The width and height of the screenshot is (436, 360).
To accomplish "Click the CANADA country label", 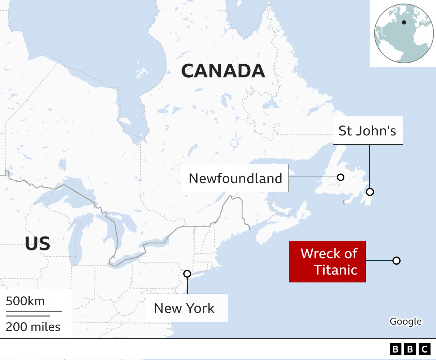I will click(223, 71).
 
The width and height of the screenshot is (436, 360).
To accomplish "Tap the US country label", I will click(37, 244).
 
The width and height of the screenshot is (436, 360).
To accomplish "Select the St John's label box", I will click(368, 131).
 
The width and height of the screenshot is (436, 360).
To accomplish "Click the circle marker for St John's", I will click(370, 192).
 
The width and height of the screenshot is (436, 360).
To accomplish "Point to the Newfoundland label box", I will click(235, 178).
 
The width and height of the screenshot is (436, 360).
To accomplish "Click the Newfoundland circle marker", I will click(340, 177).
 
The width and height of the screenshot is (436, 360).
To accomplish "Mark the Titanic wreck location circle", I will click(396, 261).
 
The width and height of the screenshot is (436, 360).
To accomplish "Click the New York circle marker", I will click(187, 274).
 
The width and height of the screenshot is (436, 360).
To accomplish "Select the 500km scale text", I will click(25, 301).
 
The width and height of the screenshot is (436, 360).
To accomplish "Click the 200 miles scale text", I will click(33, 327).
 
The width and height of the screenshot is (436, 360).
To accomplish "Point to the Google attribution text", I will click(405, 321).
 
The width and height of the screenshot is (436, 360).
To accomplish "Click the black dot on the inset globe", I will click(404, 22).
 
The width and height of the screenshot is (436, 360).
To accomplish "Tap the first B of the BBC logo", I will click(395, 349).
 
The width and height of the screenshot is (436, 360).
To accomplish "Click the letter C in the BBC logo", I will click(425, 349).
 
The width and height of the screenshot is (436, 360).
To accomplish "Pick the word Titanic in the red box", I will click(336, 270).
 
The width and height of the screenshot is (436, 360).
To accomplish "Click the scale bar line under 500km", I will click(34, 311).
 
